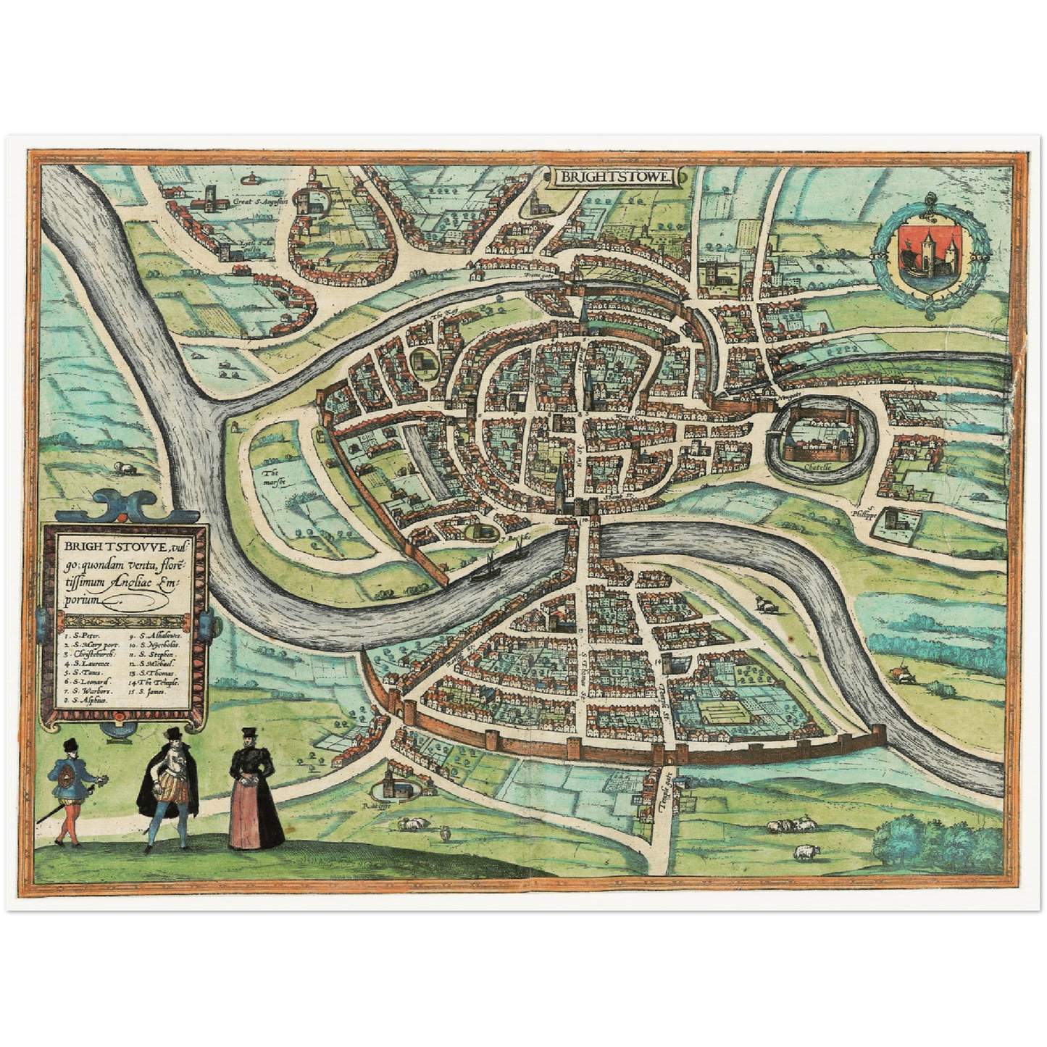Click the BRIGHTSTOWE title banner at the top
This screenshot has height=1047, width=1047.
click(x=615, y=176)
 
